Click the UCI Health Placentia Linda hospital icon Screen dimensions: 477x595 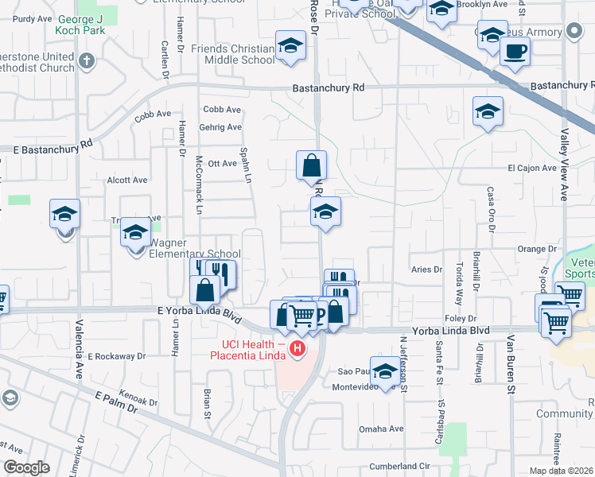[297, 348]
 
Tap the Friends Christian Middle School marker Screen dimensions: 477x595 [290, 47]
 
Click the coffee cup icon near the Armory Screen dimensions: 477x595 [515, 52]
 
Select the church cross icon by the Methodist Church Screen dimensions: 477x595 [87, 60]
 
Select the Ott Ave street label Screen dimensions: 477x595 [222, 164]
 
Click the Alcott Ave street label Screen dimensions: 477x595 [127, 180]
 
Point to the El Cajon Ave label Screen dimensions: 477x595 [532, 168]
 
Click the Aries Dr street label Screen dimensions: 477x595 [426, 270]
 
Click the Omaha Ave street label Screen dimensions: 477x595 [384, 429]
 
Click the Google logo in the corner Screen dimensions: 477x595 [26, 467]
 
